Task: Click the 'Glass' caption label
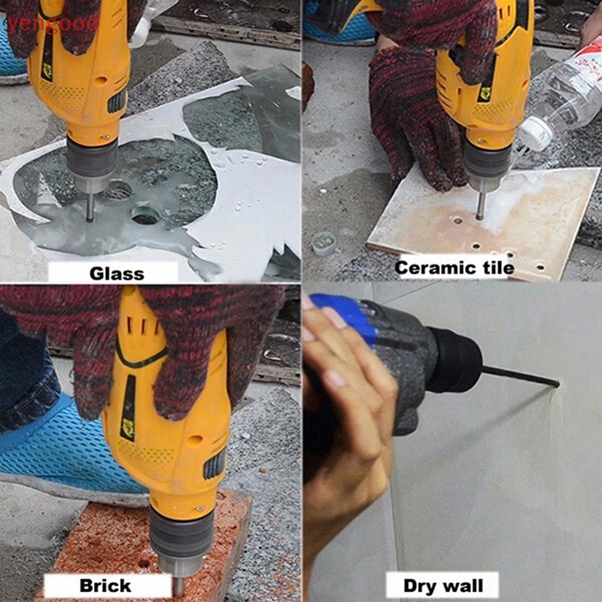click(x=117, y=272)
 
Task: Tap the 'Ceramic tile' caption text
click(x=455, y=267)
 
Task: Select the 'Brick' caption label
click(x=106, y=585)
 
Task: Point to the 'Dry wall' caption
click(x=430, y=585)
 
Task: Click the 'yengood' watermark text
click(x=51, y=23)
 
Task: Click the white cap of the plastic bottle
click(x=537, y=134)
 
